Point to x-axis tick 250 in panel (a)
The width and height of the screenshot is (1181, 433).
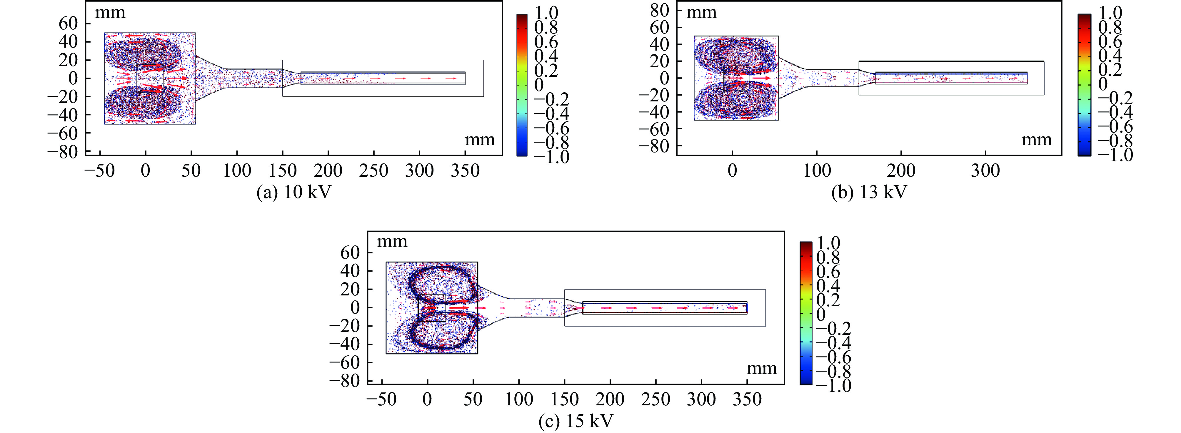coord(374,171)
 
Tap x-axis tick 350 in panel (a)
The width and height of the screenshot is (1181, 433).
coord(465,171)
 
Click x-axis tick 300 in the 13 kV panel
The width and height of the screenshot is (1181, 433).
coord(985,171)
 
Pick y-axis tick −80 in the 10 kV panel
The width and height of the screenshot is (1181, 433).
coord(62,152)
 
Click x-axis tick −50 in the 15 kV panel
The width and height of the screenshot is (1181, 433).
coord(381,399)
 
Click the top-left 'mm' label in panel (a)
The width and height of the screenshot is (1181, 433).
coord(110,12)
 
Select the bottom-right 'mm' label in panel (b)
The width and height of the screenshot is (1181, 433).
coord(1037,139)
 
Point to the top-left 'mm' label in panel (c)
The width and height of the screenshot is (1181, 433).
coord(392,241)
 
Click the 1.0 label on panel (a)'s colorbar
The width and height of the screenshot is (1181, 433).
coord(546,12)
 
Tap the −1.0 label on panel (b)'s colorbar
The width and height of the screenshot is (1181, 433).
coord(1115,155)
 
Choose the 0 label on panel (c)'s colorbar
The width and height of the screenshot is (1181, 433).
coord(821,314)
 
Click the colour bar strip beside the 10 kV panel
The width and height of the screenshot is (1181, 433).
coord(522,85)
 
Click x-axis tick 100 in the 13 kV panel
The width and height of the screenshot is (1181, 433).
coord(817,171)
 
